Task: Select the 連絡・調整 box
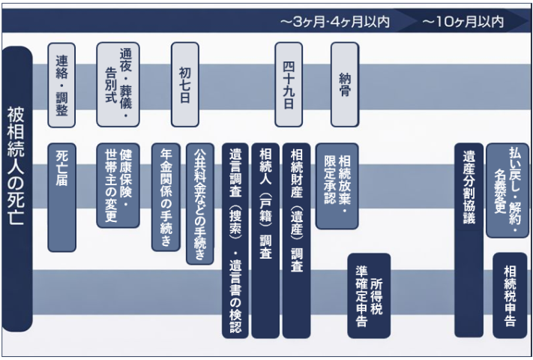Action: (x=61, y=84)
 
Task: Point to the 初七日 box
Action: (x=184, y=84)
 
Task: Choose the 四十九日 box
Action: (x=289, y=84)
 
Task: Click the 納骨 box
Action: (x=345, y=84)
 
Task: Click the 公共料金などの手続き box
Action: (x=199, y=202)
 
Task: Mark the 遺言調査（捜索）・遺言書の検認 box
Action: (x=235, y=240)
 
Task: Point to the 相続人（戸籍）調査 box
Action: (x=265, y=240)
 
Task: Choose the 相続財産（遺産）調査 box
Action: (x=296, y=240)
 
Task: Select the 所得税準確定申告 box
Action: (x=369, y=295)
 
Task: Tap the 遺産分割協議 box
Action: (x=469, y=240)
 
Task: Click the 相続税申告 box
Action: (x=510, y=295)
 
